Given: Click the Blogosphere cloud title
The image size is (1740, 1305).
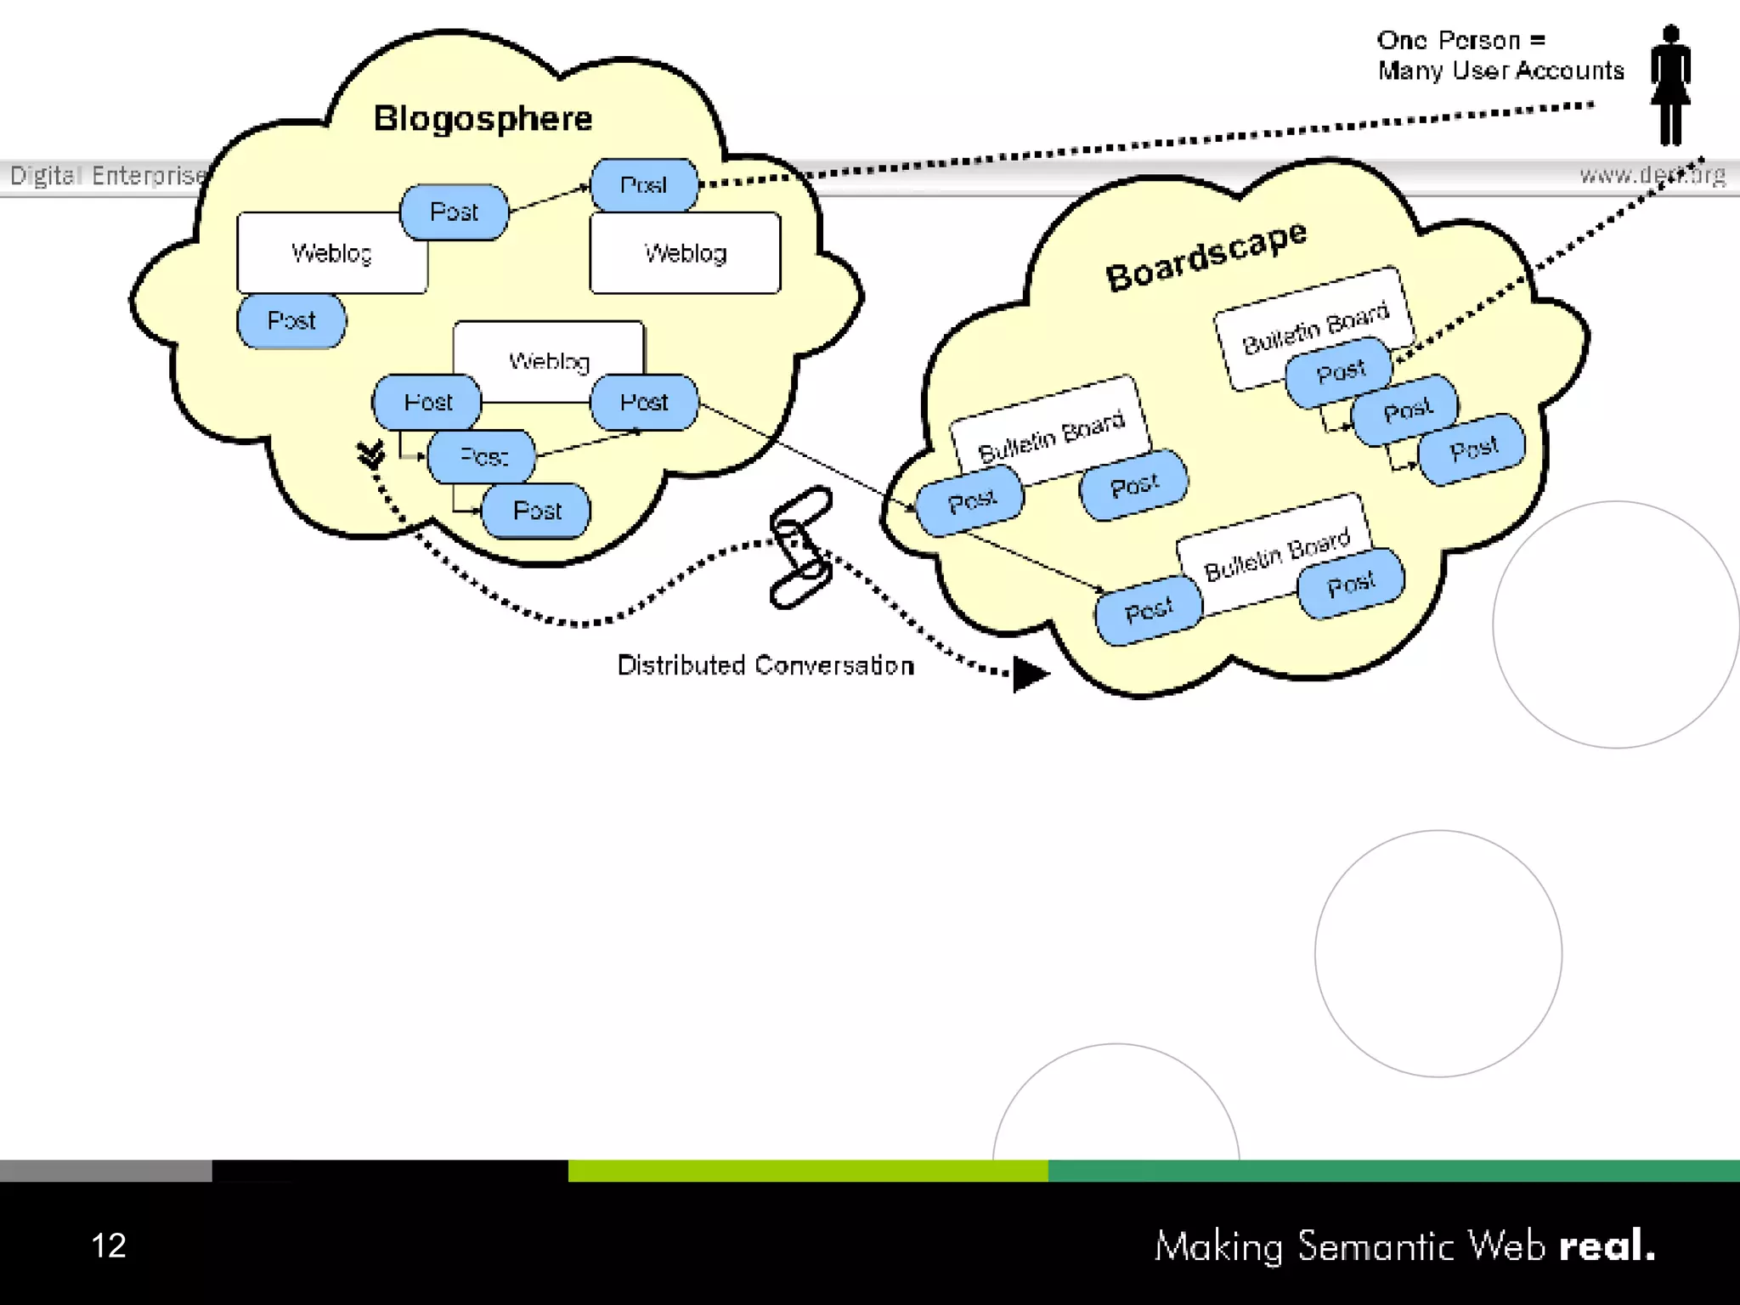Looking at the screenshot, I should coord(483,118).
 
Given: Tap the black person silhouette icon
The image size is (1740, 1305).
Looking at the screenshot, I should coord(1670,85).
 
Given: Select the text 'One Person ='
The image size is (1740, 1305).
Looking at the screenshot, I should coord(1460,40).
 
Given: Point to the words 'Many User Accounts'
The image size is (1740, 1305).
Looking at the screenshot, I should coord(1500,71).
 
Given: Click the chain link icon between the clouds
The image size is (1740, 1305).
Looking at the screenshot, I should coord(800,547).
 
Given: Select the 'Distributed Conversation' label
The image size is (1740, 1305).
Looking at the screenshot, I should coord(765,665).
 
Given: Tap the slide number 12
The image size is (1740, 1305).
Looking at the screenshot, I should coord(109,1246).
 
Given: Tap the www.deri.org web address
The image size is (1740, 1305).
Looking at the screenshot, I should coord(1652,175).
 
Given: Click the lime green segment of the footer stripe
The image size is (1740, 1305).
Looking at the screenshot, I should coord(807,1171).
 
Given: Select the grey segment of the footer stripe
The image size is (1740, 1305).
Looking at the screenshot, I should coord(105,1171).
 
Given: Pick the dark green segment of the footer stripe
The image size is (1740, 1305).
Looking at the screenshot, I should coord(1393,1171).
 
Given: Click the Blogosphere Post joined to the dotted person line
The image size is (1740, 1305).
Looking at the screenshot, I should coord(644,185).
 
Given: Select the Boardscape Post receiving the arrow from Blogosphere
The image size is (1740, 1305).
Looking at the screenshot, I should coord(971,501).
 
